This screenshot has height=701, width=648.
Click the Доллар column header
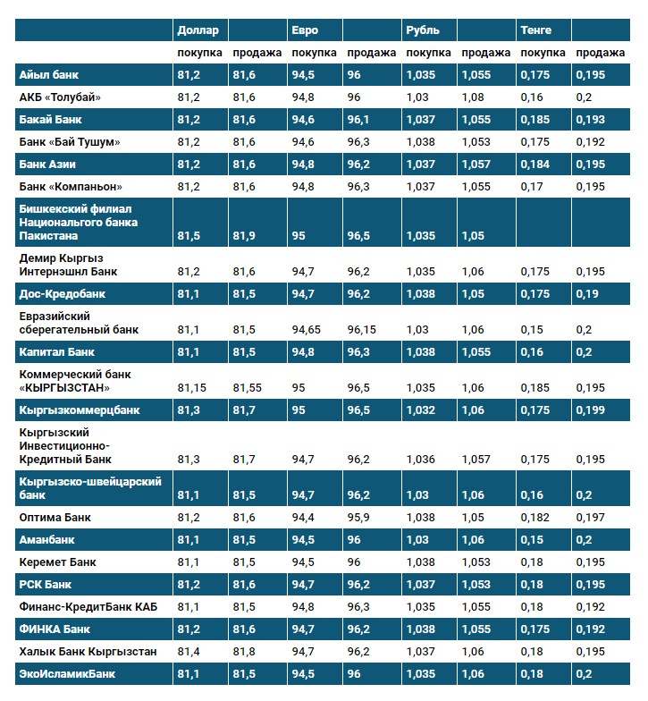[198, 30]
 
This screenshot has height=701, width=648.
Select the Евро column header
[304, 30]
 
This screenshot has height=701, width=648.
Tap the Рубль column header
[422, 30]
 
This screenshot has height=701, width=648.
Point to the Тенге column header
[536, 30]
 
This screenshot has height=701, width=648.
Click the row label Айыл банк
[49, 75]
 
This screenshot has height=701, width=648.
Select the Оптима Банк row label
[55, 518]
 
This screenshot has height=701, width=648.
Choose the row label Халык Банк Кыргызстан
[88, 652]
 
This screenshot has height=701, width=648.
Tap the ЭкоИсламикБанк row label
[67, 674]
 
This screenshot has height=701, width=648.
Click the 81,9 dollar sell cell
[244, 236]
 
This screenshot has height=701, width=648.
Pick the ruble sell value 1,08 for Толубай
[473, 97]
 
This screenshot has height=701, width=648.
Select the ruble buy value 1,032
[421, 410]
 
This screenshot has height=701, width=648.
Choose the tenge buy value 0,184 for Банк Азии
[534, 165]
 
